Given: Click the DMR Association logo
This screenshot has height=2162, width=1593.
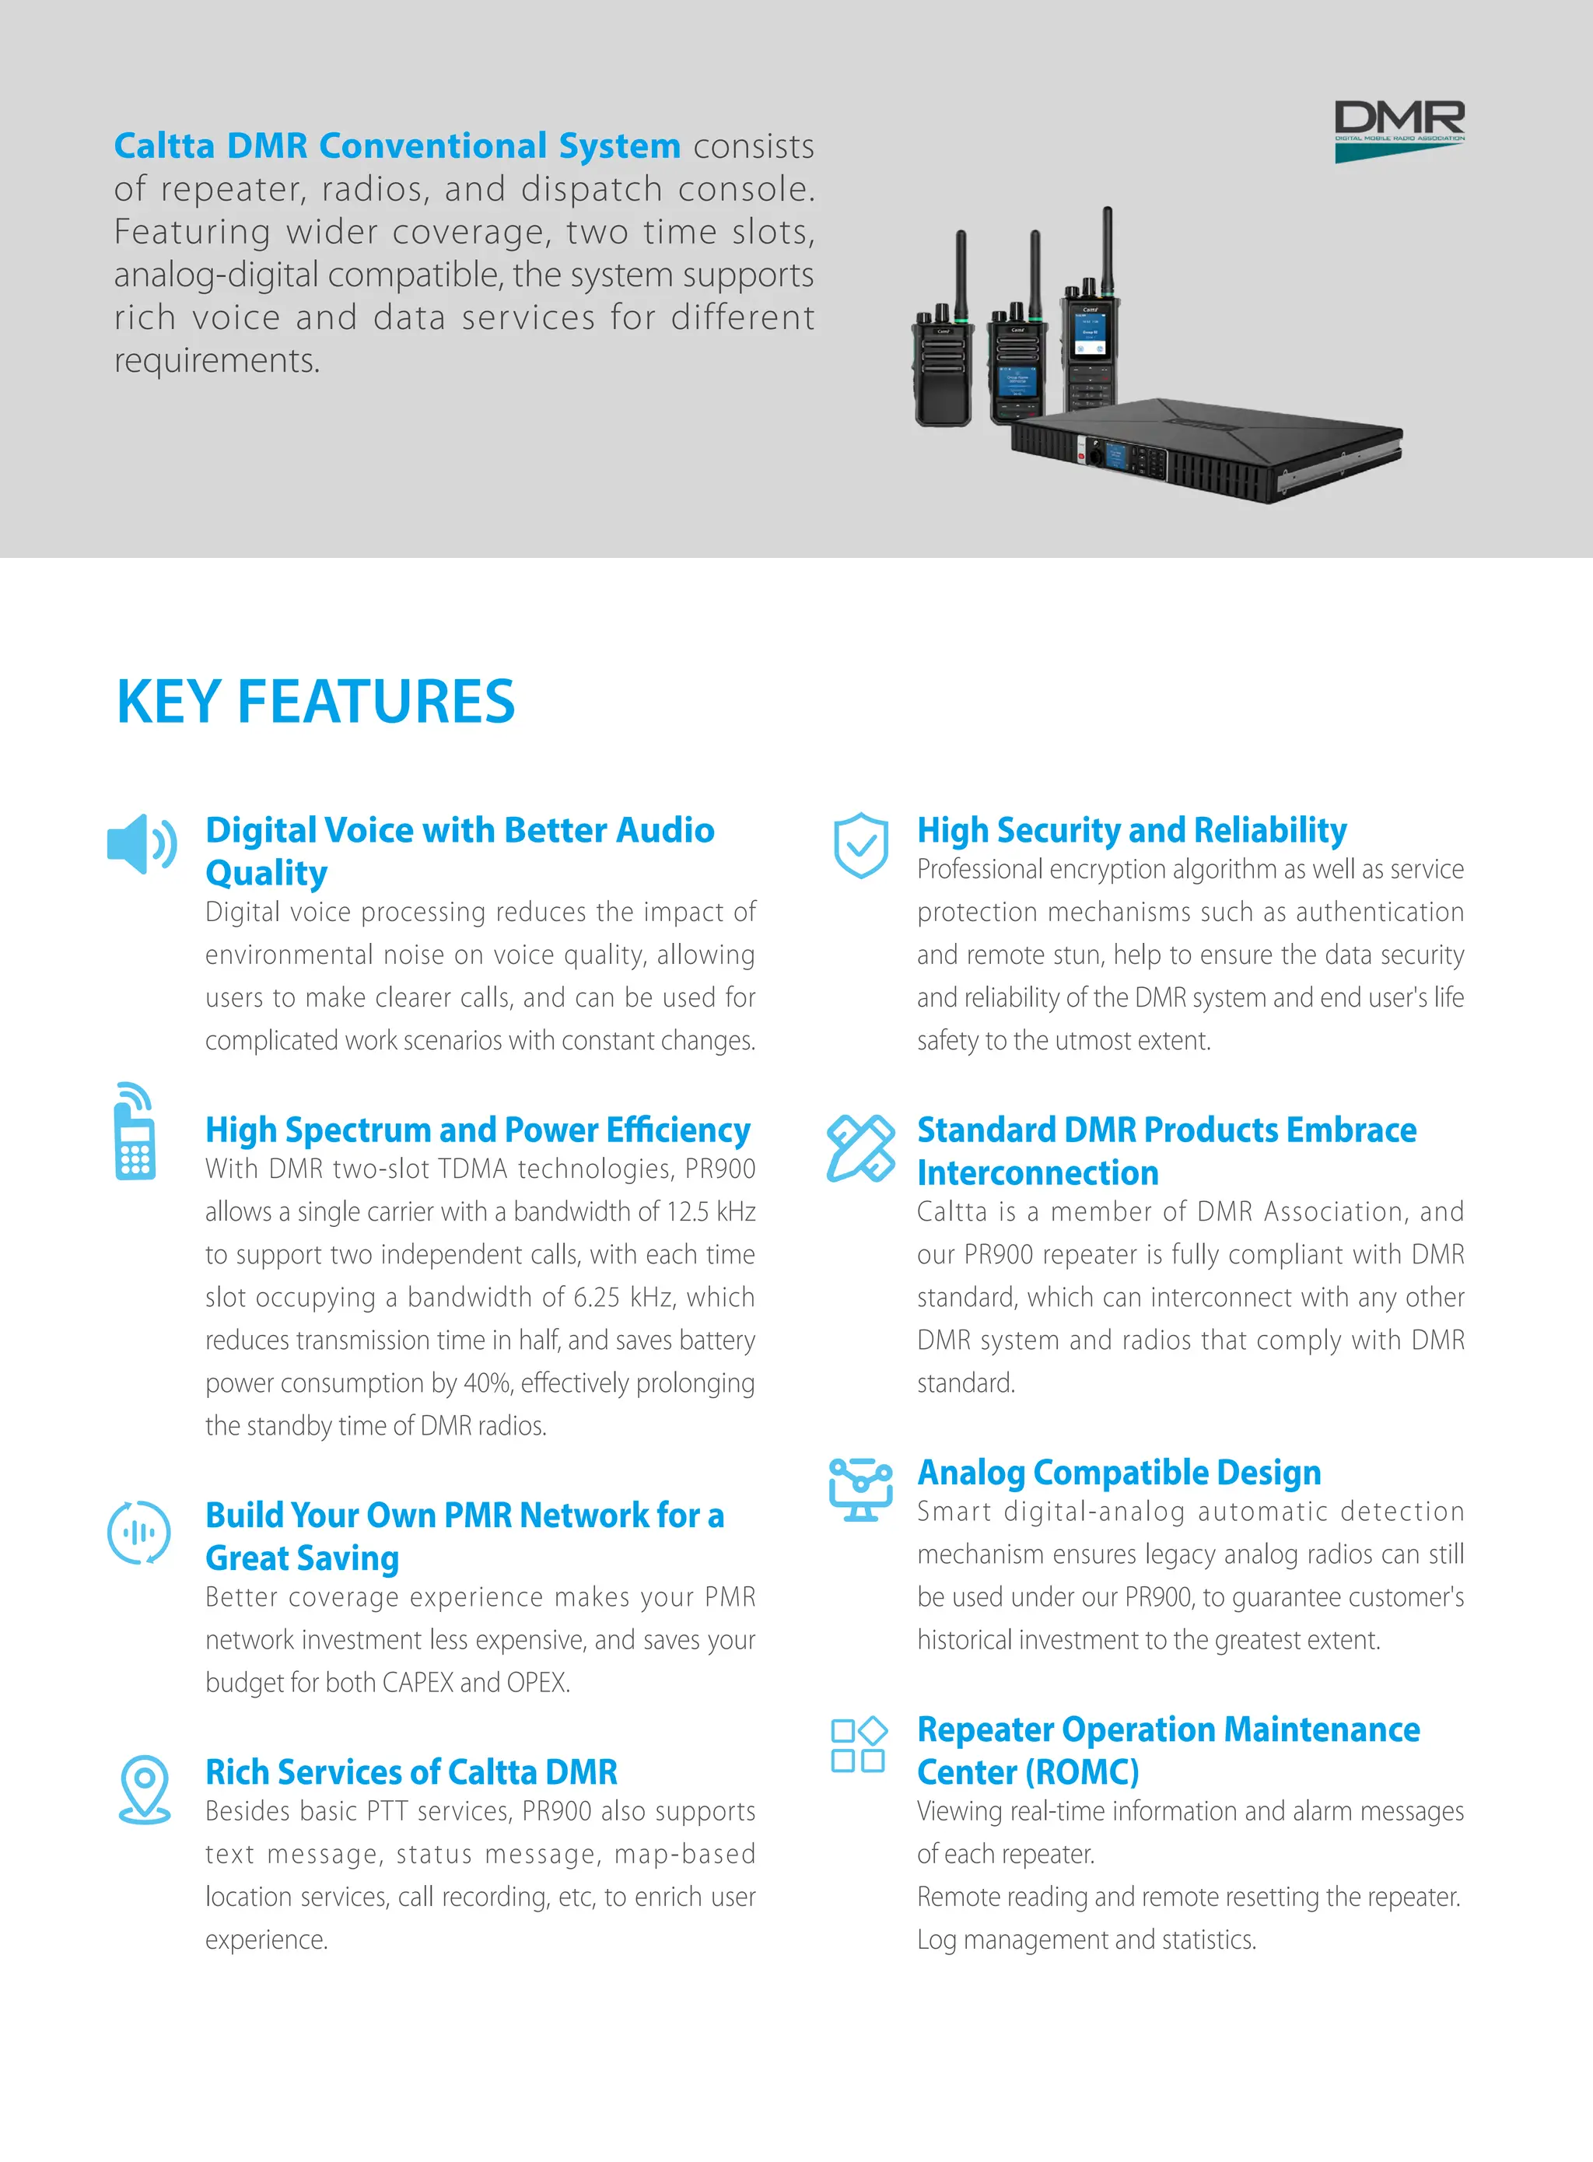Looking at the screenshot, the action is [x=1399, y=130].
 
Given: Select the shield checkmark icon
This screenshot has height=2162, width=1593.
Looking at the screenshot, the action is [x=860, y=845].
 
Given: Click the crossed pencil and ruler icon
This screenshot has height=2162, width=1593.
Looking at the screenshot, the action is [x=860, y=1148].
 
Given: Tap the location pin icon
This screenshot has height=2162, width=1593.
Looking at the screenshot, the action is [x=145, y=1789].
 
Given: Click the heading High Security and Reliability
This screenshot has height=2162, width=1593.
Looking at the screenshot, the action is [x=1131, y=830].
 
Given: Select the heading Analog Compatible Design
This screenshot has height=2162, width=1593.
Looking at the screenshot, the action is [x=1119, y=1473].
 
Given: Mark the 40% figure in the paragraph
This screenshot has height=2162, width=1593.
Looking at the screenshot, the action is [x=487, y=1382].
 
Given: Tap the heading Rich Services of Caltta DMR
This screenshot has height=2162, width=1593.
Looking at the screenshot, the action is [x=411, y=1772].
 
